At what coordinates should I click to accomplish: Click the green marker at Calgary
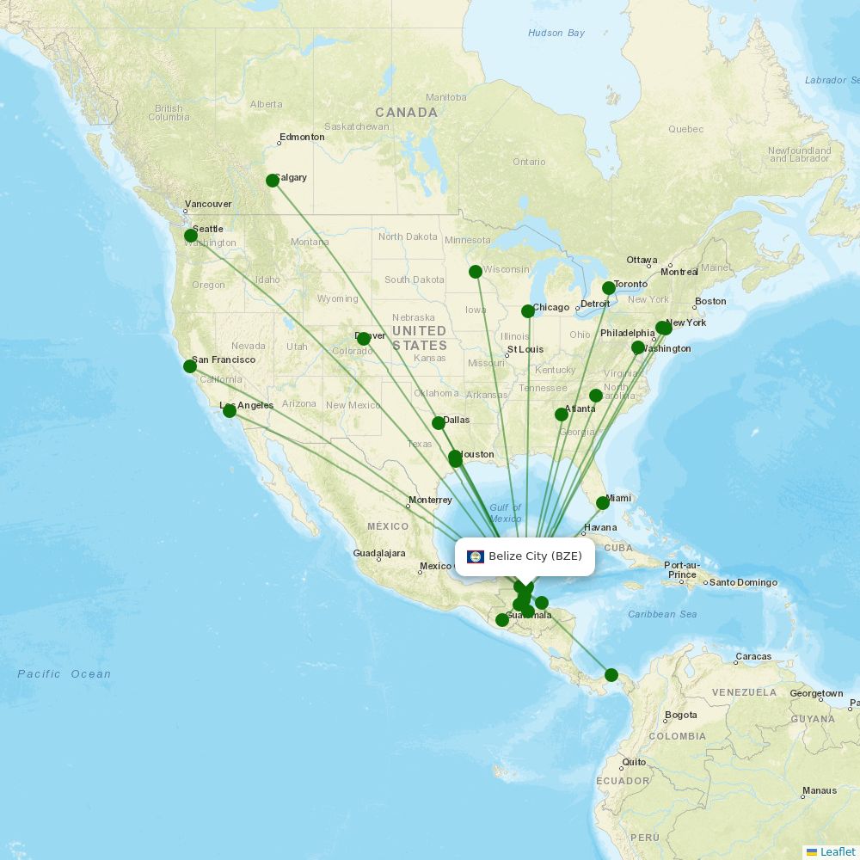[273, 181]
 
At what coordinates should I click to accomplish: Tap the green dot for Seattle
[191, 236]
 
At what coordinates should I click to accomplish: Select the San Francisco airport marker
[190, 366]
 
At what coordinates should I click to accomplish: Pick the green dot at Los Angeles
[230, 411]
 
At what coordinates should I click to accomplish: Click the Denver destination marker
[364, 339]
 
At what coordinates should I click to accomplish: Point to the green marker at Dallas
[439, 423]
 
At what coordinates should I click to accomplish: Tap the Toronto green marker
[609, 288]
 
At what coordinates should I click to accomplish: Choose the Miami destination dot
[603, 503]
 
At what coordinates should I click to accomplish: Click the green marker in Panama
[611, 675]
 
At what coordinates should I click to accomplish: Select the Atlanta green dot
[562, 415]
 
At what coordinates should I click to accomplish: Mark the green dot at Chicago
[528, 311]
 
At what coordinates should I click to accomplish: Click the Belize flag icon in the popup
[476, 556]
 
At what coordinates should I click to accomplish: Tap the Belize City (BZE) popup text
[535, 556]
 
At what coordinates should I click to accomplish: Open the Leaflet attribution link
[837, 852]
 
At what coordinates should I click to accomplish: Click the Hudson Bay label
[556, 34]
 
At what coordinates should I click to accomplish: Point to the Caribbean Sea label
[662, 614]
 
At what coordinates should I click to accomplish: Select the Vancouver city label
[209, 204]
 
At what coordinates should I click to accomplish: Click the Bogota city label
[680, 716]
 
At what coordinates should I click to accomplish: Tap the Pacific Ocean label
[64, 674]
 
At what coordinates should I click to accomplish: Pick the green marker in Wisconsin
[476, 272]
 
